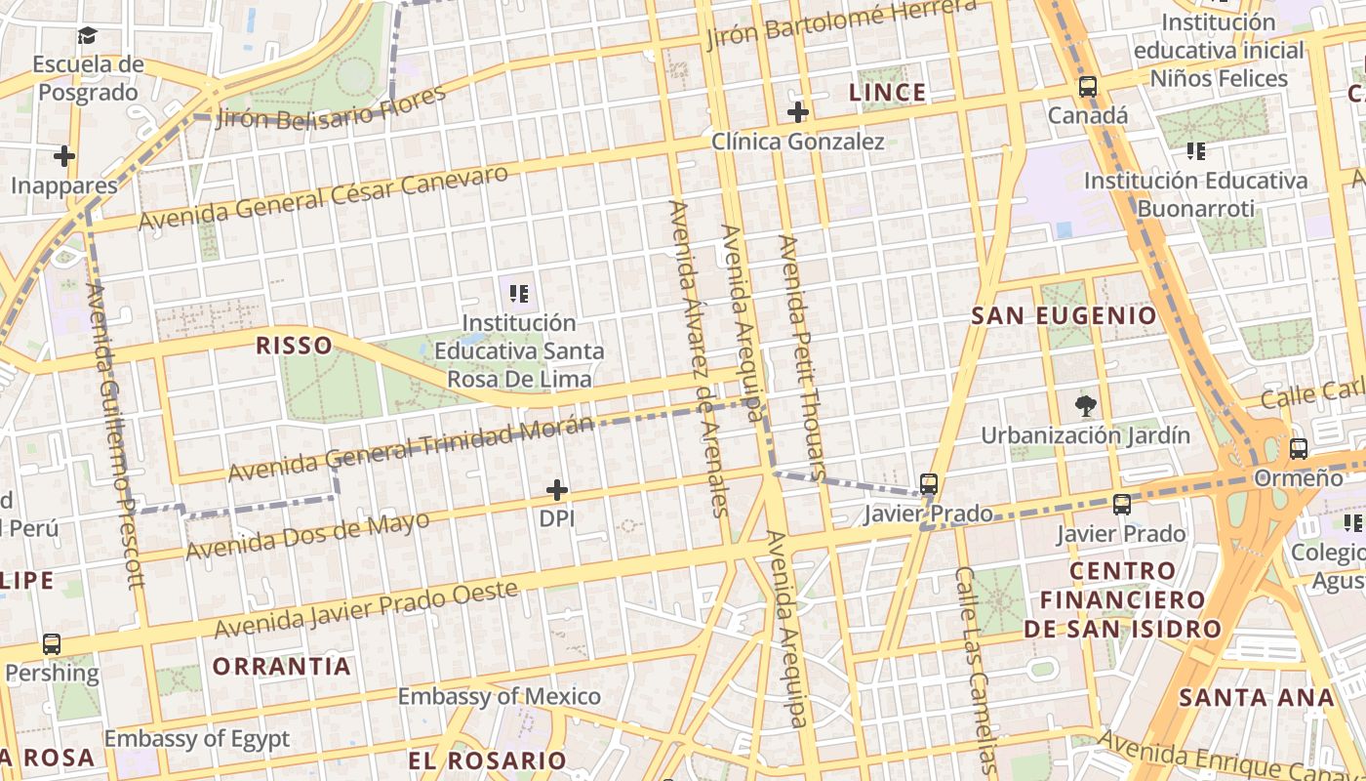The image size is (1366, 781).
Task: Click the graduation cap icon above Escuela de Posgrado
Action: click(88, 36)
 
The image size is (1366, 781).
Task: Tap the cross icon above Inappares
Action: click(64, 156)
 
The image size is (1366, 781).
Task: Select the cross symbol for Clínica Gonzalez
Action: click(797, 112)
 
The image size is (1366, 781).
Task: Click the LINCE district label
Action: click(887, 93)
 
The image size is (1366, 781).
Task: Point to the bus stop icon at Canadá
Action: click(1087, 87)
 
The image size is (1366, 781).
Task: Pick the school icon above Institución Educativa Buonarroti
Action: click(1195, 151)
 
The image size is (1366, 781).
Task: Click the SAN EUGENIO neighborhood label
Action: click(1064, 316)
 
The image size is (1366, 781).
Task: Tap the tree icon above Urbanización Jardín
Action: click(1085, 405)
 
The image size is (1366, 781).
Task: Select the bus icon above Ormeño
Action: click(1298, 449)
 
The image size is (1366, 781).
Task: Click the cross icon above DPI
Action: click(557, 489)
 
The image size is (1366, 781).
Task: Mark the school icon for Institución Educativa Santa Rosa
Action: click(519, 292)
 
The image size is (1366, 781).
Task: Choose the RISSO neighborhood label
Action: click(294, 345)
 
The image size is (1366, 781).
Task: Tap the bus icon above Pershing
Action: click(52, 644)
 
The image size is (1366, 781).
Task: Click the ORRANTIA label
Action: click(282, 667)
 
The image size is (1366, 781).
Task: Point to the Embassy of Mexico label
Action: click(499, 696)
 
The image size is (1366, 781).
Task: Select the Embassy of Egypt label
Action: click(197, 738)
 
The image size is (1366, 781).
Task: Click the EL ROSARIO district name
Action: click(487, 760)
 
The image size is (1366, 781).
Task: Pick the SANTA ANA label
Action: click(1256, 698)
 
